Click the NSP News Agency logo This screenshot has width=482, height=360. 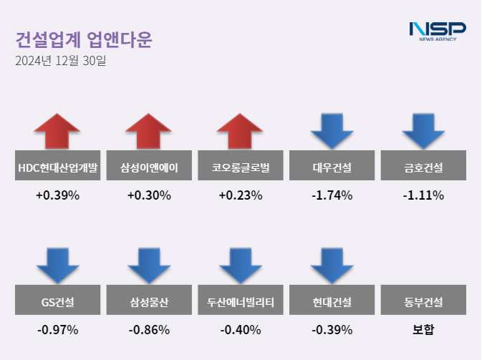pos(437,31)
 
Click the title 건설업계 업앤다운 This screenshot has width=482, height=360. pos(84,39)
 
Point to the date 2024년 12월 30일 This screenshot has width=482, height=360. pos(60,62)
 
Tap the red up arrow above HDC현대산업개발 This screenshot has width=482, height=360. pos(57,131)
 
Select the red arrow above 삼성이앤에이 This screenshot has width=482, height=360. pos(149,131)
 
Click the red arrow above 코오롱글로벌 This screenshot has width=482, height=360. pos(241,131)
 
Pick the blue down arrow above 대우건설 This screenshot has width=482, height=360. pos(332,130)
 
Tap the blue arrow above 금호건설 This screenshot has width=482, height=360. pos(423,130)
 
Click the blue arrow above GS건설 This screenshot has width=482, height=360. pos(57,265)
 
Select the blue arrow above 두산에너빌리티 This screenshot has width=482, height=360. pos(241,265)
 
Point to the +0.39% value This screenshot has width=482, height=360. pos(57,195)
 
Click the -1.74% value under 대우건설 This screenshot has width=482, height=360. pos(332,195)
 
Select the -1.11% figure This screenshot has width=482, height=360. pos(423,195)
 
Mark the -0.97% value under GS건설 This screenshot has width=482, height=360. pos(57,330)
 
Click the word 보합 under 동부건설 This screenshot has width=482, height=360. pos(423,330)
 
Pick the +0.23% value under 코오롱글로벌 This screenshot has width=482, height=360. pos(241,195)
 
